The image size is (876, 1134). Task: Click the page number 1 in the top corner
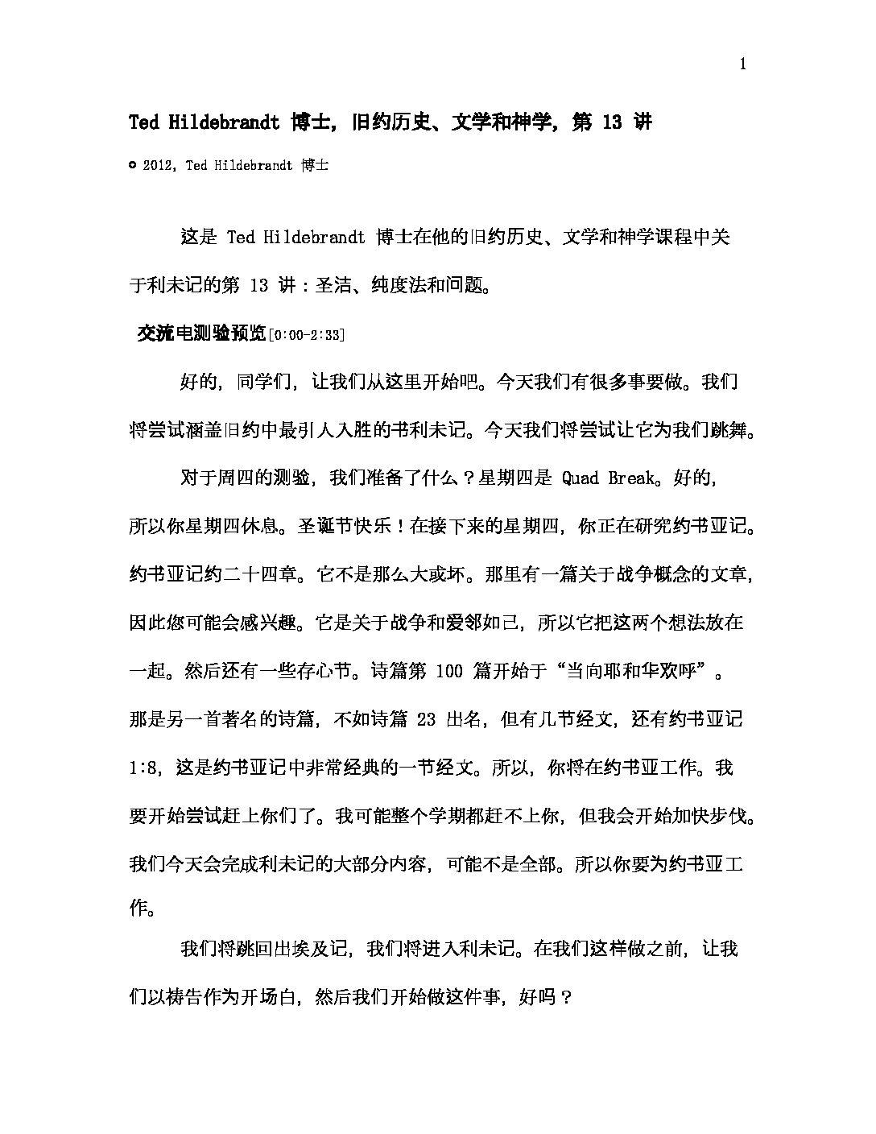742,65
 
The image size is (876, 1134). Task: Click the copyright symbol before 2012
133,165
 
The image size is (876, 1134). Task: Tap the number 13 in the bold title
612,122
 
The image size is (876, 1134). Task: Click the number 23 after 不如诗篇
428,719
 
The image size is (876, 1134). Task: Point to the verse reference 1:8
143,768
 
